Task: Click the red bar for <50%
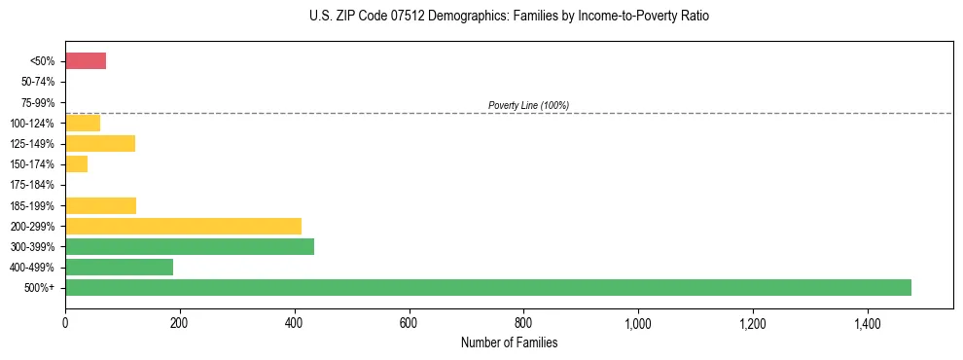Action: coord(86,61)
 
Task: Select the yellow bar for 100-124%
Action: coord(83,123)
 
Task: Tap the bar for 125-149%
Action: coord(100,144)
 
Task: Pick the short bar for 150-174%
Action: coord(77,164)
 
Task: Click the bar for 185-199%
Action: coord(100,205)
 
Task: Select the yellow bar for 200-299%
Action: coord(183,226)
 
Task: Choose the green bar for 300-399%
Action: coord(190,246)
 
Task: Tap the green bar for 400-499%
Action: coord(119,267)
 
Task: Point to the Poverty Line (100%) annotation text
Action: coord(528,105)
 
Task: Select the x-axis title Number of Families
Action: coord(509,342)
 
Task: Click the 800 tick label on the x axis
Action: coord(523,323)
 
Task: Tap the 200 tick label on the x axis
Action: coord(180,323)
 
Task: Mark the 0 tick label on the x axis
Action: coord(65,323)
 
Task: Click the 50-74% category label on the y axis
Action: coord(37,82)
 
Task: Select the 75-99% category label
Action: coord(37,102)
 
